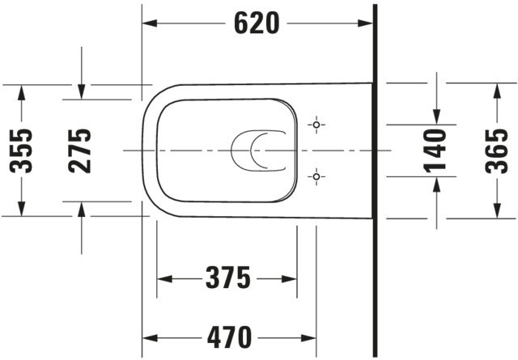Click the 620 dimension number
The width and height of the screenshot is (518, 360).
[x=257, y=23]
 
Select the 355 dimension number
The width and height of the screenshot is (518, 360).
[x=21, y=151]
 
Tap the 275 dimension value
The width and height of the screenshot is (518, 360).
[x=79, y=151]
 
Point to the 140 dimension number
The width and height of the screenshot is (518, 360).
[x=435, y=151]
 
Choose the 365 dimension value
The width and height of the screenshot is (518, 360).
[x=496, y=151]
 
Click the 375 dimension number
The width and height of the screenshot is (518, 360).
[x=228, y=278]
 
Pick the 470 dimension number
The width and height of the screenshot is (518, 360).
[x=230, y=338]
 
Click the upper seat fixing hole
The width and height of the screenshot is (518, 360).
[x=316, y=125]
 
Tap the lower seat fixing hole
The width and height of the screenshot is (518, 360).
[x=316, y=176]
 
